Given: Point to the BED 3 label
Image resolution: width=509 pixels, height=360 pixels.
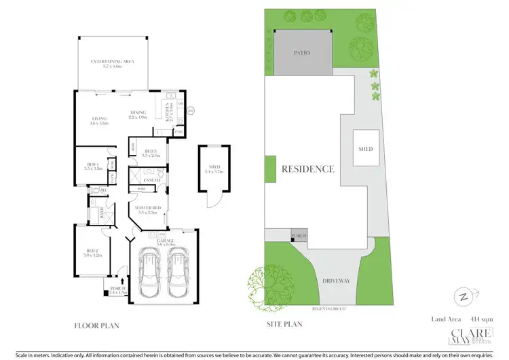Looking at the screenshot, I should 151,151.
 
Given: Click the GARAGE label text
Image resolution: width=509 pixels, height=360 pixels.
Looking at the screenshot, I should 165,240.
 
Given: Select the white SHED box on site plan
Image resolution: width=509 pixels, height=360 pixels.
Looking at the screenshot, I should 366,149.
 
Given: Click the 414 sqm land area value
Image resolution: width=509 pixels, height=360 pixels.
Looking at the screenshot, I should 470,319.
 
